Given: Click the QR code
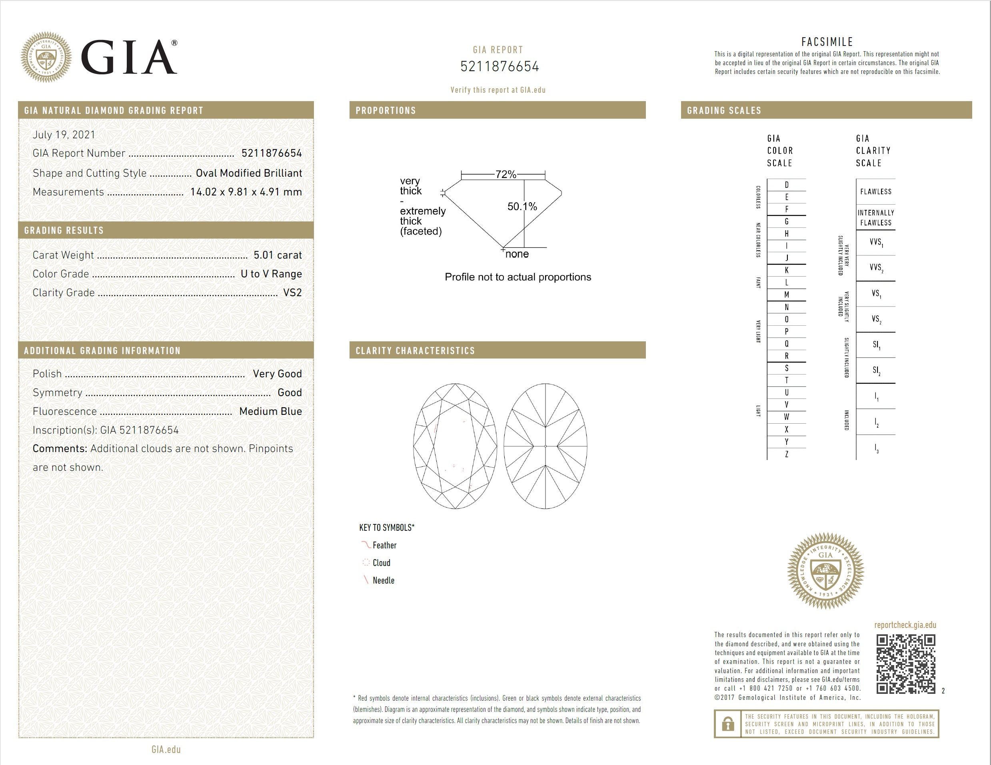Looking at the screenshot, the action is coord(906,664).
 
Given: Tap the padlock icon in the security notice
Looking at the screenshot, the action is coord(728,724).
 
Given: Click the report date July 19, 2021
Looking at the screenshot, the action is coord(64,135).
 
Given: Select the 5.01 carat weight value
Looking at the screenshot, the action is coord(278,255).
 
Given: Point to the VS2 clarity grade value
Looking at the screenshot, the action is coord(293,293).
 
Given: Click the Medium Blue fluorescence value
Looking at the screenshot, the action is coord(270,411).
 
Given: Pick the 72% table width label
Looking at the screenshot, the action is coord(505,174).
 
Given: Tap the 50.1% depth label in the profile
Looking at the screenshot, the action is coord(522,206).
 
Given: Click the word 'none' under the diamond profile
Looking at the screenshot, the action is coord(517,254).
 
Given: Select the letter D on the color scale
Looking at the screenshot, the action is coord(787,185).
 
